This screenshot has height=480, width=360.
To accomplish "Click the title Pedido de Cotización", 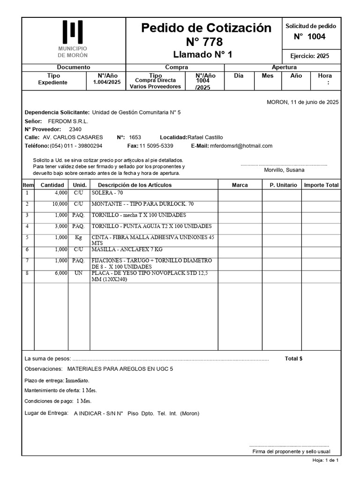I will (x=206, y=28).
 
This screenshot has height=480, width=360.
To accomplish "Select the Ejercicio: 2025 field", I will (x=310, y=56).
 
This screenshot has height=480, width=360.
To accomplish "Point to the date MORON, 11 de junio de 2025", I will (x=302, y=102).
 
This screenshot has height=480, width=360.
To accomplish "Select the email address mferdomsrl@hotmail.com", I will (x=241, y=146).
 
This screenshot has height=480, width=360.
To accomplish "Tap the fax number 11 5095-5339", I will (x=156, y=146).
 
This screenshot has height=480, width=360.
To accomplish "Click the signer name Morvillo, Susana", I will (x=284, y=170).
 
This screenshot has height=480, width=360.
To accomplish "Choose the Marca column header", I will (x=240, y=185).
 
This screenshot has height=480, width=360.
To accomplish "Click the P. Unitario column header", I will (x=283, y=185).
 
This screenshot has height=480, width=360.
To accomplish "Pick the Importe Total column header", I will (x=321, y=185).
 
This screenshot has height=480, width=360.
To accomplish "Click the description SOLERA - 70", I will (x=107, y=193).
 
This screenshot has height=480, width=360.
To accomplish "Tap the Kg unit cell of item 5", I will (x=78, y=238).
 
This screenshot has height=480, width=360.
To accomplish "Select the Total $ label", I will (x=293, y=359).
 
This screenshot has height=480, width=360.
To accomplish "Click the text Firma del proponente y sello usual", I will (x=291, y=451).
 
